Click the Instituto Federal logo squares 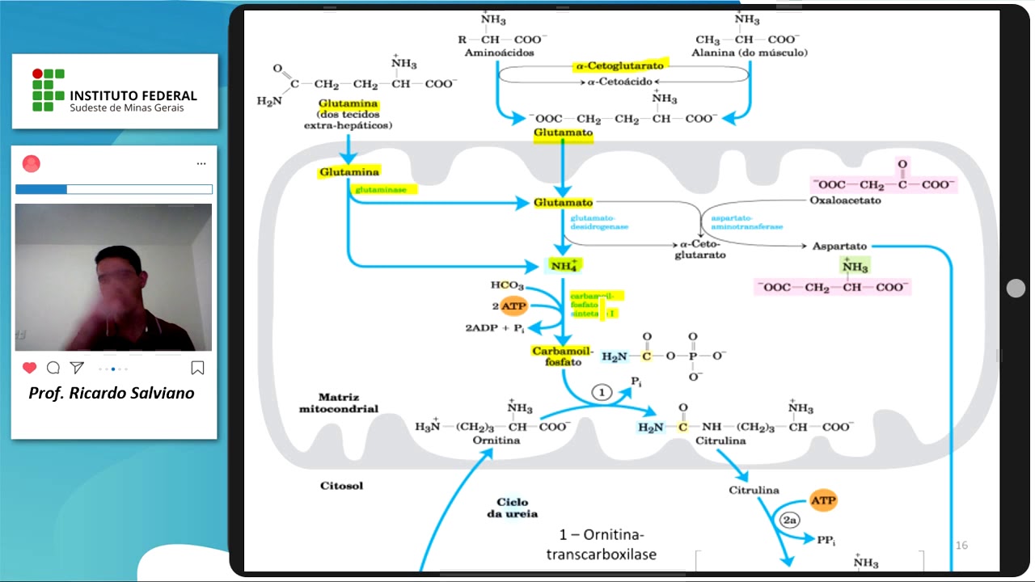48,90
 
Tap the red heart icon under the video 30,368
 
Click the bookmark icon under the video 197,368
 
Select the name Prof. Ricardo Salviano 112,394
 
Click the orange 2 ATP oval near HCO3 513,306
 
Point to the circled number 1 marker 602,392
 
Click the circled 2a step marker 790,521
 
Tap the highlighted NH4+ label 564,265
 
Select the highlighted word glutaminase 384,189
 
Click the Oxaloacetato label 845,200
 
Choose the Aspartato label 839,246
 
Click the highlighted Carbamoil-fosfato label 563,356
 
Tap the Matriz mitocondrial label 338,403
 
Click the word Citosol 341,486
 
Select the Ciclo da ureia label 512,508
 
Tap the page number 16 961,546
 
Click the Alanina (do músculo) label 749,53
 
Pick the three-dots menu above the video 201,164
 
